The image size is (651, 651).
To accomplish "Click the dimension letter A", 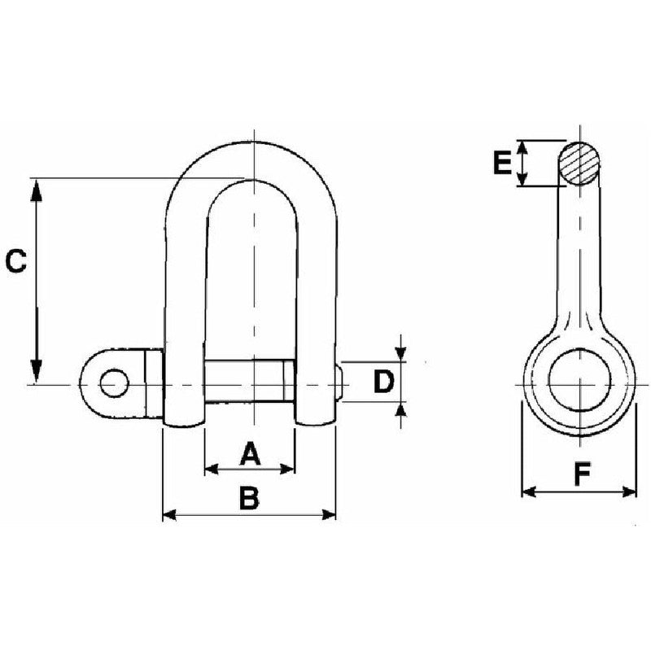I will pyautogui.click(x=249, y=453).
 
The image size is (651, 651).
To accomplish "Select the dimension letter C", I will pyautogui.click(x=16, y=261).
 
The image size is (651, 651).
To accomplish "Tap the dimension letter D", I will pyautogui.click(x=383, y=381).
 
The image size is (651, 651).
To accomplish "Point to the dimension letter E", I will pyautogui.click(x=502, y=163).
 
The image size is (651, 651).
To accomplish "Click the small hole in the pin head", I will pyautogui.click(x=114, y=382).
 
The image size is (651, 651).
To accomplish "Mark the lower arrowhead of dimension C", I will pyautogui.click(x=37, y=372).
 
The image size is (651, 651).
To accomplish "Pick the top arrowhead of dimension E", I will pyautogui.click(x=524, y=146).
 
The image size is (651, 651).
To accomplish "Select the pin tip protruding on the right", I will pyautogui.click(x=339, y=382).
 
